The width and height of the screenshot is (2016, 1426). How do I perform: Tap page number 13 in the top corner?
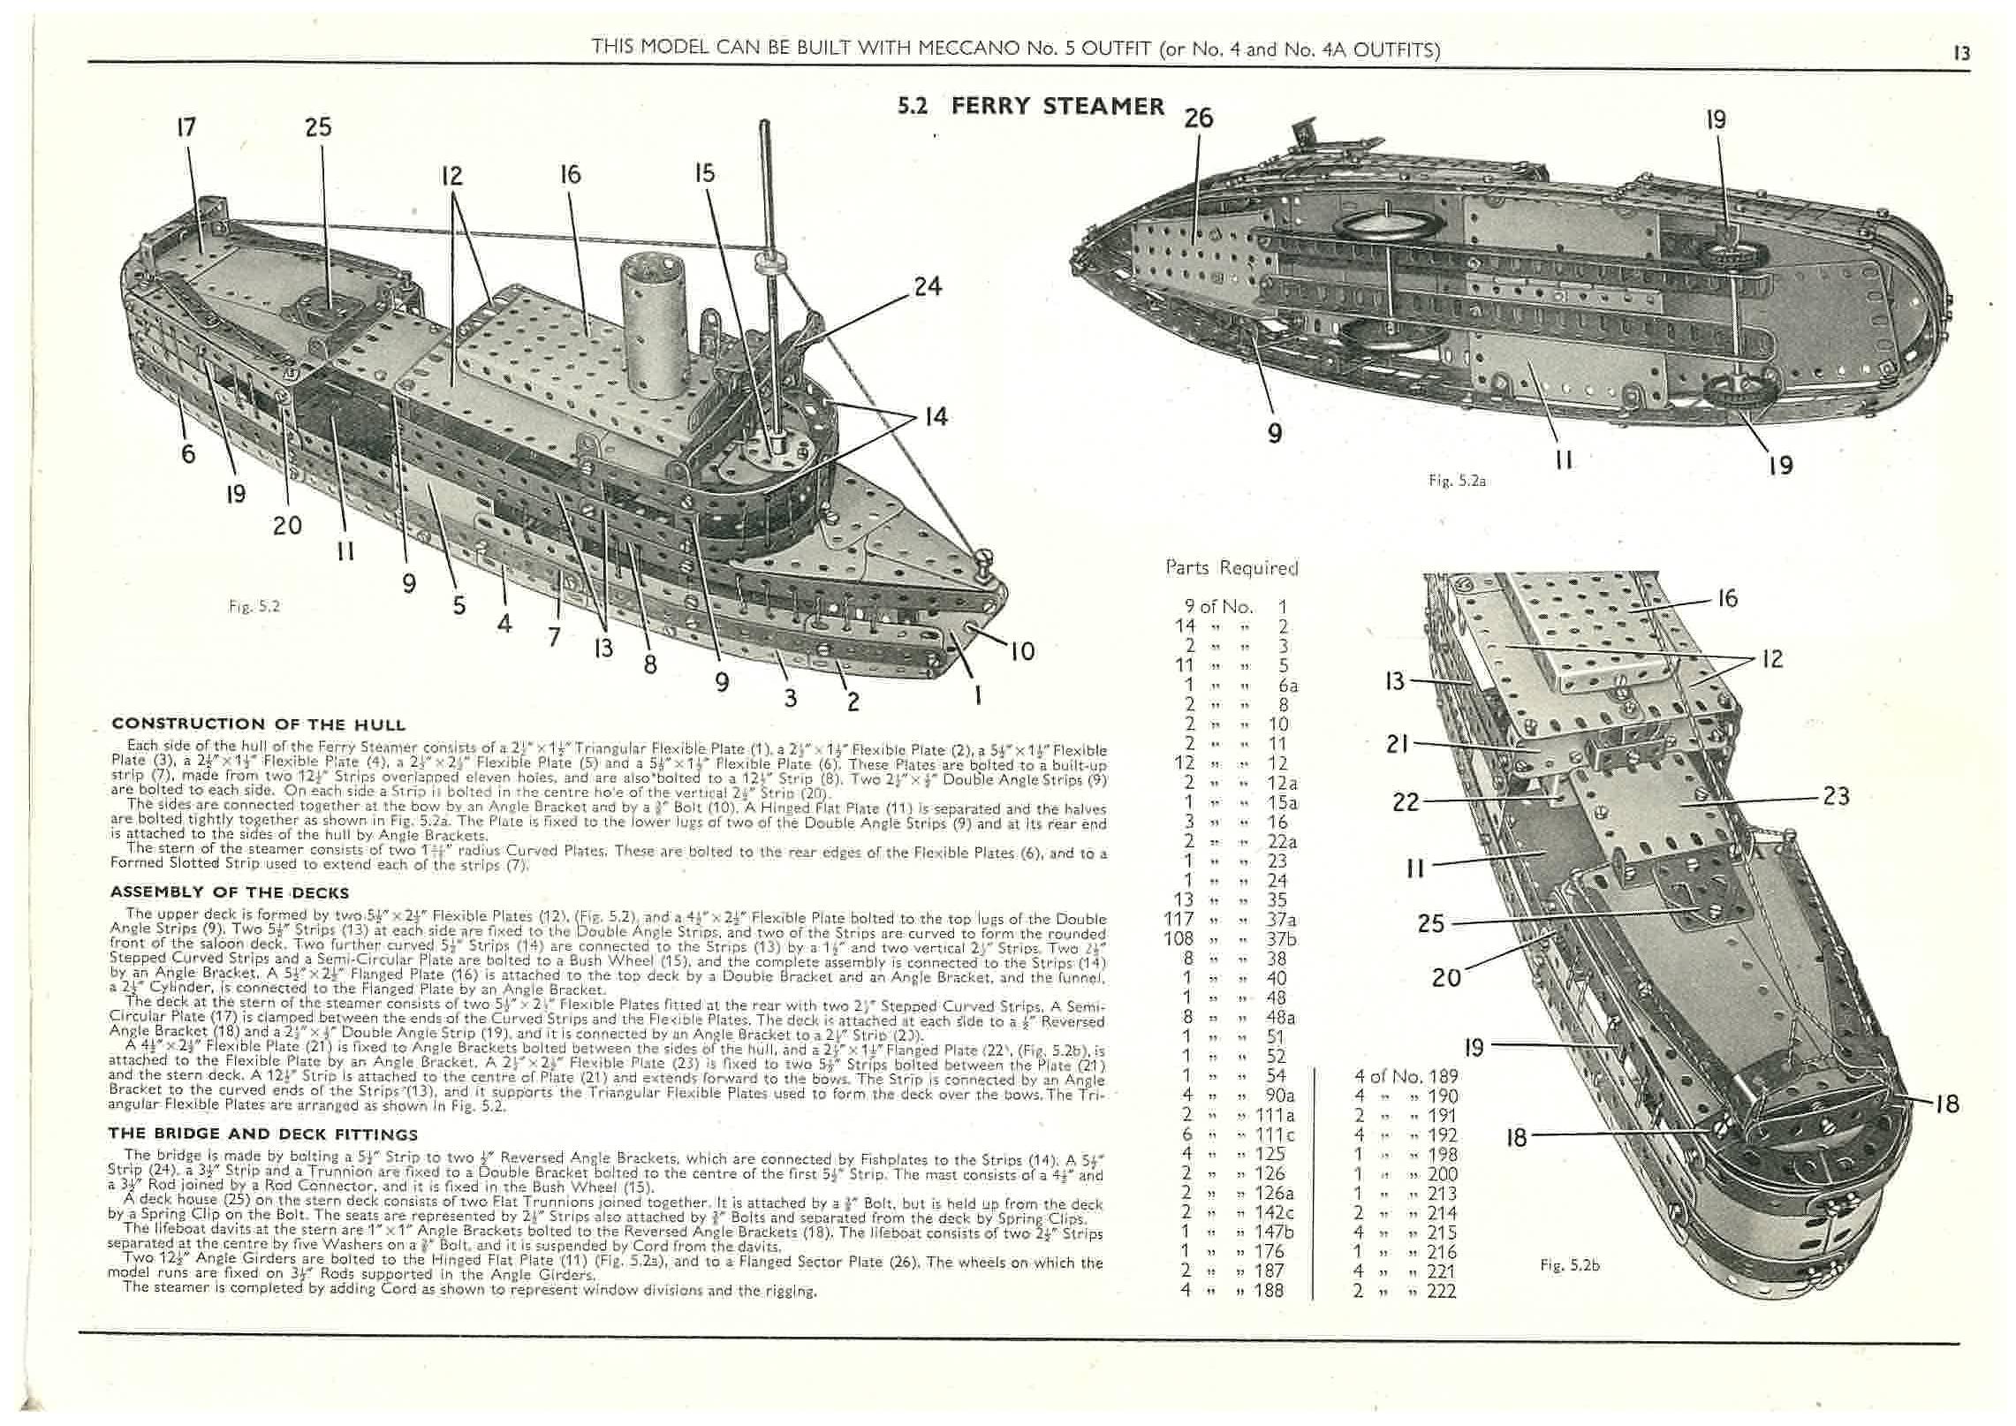click(x=1961, y=53)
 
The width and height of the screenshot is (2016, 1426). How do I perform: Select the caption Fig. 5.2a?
click(x=1457, y=482)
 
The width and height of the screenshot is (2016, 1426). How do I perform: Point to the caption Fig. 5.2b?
click(x=1569, y=1266)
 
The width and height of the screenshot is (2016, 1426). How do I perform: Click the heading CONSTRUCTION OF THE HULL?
click(x=258, y=724)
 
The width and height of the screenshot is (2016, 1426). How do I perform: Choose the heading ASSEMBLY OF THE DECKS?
click(x=229, y=892)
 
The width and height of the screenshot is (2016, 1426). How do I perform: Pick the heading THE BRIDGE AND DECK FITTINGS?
click(x=263, y=1134)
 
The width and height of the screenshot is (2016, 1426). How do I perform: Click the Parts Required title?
click(x=1232, y=568)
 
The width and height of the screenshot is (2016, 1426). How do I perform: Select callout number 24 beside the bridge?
click(x=927, y=286)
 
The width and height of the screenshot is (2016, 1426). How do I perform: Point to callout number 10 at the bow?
click(x=1021, y=651)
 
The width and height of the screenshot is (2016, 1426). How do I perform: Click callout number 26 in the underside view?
click(x=1198, y=118)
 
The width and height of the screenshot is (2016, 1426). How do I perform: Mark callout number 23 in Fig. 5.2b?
click(x=1836, y=796)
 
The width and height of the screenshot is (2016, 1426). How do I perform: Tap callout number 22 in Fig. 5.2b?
click(x=1406, y=802)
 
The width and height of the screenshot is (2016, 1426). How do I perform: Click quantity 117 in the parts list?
click(x=1179, y=919)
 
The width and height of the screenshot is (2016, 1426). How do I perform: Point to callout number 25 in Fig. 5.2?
click(x=318, y=127)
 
